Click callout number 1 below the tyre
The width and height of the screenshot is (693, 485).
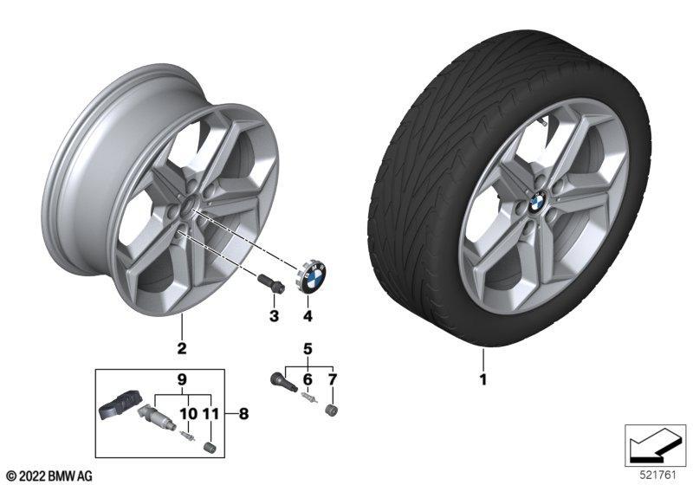[x=483, y=379]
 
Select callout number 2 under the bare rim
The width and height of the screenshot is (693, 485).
[x=182, y=348]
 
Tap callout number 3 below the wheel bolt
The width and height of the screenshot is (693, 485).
[x=275, y=316]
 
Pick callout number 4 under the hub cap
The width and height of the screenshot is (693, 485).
[x=308, y=316]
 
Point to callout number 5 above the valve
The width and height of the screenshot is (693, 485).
[x=308, y=349]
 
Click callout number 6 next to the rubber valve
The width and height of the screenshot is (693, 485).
[x=308, y=379]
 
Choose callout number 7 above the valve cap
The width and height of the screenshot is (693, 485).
[x=332, y=379]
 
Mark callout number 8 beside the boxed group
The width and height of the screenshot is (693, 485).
[x=243, y=414]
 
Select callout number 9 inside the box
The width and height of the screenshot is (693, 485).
[x=182, y=379]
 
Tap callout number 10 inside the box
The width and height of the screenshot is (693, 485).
[x=188, y=414]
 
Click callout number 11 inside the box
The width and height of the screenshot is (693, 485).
[x=210, y=414]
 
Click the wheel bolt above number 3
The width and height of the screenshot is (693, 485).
[x=270, y=283]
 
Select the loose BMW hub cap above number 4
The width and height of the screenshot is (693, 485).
[x=312, y=275]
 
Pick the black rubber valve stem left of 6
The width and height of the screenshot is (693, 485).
[x=283, y=382]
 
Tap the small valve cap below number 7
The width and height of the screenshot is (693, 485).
[x=332, y=411]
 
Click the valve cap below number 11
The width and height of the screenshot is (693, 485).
[x=210, y=447]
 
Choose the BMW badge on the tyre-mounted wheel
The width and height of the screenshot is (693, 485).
[x=537, y=203]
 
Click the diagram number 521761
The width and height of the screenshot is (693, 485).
[x=658, y=475]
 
